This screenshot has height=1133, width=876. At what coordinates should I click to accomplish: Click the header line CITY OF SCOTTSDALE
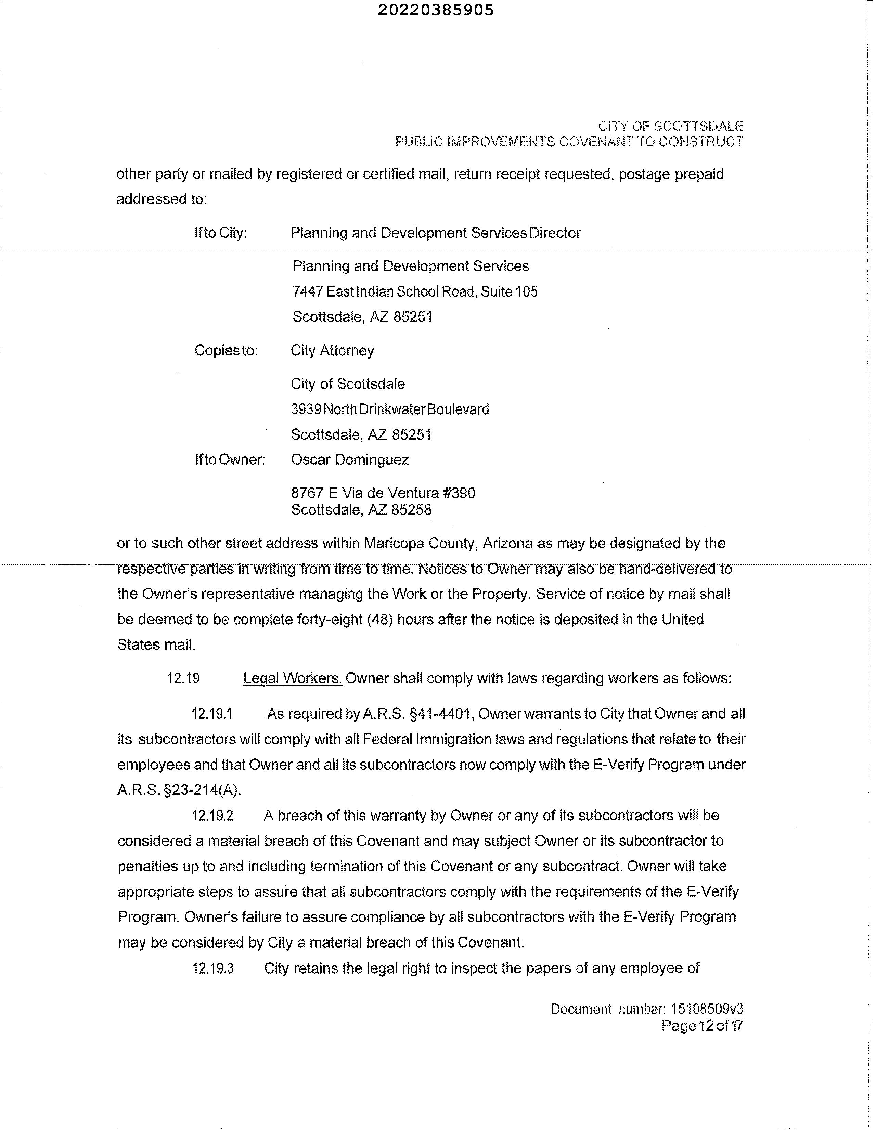tap(670, 126)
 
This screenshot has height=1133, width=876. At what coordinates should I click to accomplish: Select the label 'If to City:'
tap(221, 233)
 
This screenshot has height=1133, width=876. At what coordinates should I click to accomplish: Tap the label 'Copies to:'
tap(226, 351)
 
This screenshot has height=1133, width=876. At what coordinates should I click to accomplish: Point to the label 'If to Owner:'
tap(230, 460)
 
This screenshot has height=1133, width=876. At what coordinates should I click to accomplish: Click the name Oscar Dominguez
tap(349, 460)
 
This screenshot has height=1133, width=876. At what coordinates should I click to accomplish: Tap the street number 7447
tap(308, 291)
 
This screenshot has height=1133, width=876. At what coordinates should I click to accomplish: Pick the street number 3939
tap(306, 409)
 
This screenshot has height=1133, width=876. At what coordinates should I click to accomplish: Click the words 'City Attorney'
tap(332, 351)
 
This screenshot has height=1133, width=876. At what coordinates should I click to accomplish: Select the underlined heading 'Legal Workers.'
tap(293, 679)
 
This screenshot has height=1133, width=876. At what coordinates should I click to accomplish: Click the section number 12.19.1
tap(212, 714)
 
